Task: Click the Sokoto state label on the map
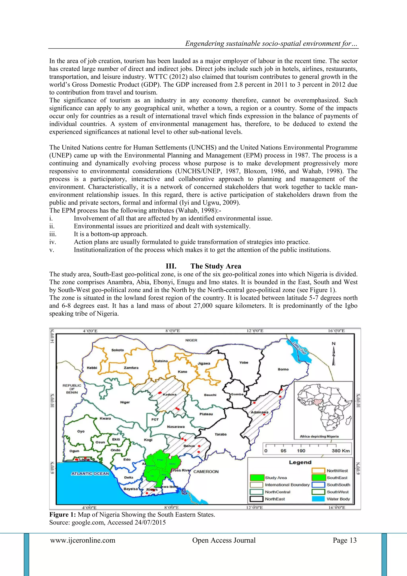(117, 350)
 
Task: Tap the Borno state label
(283, 369)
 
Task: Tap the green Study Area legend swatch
(257, 478)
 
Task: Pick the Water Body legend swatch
(318, 499)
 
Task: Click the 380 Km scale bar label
(340, 451)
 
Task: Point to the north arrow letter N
(334, 344)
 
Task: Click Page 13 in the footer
(344, 540)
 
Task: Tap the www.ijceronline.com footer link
(83, 540)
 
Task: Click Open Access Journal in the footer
(224, 540)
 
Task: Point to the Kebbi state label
(92, 368)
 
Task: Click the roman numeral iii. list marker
(53, 234)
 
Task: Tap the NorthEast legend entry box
(257, 499)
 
